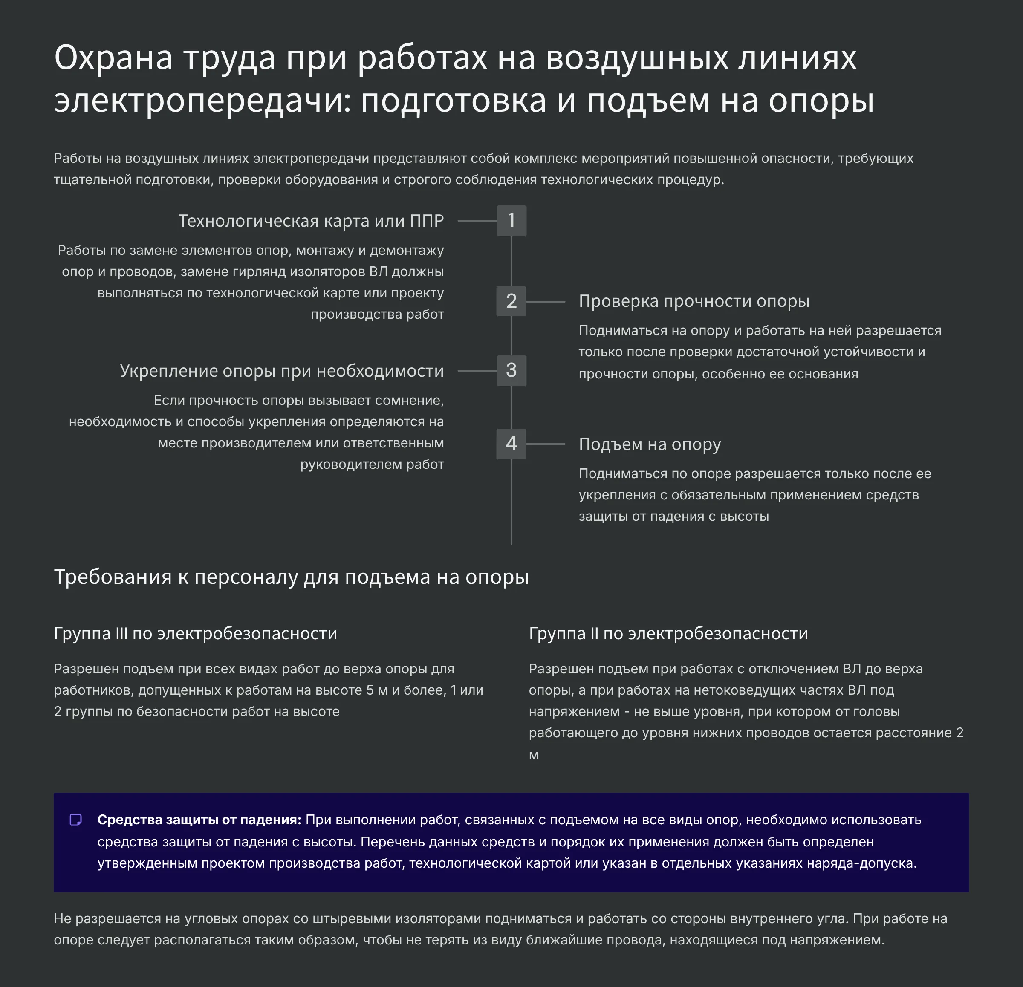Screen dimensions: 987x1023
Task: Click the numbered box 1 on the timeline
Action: click(511, 220)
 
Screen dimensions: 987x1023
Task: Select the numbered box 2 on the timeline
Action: click(511, 301)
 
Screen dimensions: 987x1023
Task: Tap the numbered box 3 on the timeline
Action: click(511, 371)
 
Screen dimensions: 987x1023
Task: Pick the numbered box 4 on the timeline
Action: click(511, 444)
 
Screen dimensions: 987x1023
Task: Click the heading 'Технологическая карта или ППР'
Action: click(311, 221)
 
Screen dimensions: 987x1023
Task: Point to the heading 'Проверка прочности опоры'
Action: click(694, 301)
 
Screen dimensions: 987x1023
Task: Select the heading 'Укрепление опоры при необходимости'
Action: click(281, 371)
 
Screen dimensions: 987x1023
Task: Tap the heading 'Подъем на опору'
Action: click(649, 444)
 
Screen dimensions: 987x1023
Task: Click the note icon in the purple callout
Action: click(76, 820)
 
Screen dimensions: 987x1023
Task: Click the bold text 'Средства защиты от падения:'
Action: click(199, 820)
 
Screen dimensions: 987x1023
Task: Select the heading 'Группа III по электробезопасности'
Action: click(195, 633)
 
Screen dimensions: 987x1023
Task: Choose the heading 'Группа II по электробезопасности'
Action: click(668, 633)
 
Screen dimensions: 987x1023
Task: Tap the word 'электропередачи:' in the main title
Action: click(202, 100)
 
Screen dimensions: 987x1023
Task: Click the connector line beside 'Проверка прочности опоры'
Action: click(546, 302)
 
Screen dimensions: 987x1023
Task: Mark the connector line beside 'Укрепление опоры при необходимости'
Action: click(477, 371)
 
